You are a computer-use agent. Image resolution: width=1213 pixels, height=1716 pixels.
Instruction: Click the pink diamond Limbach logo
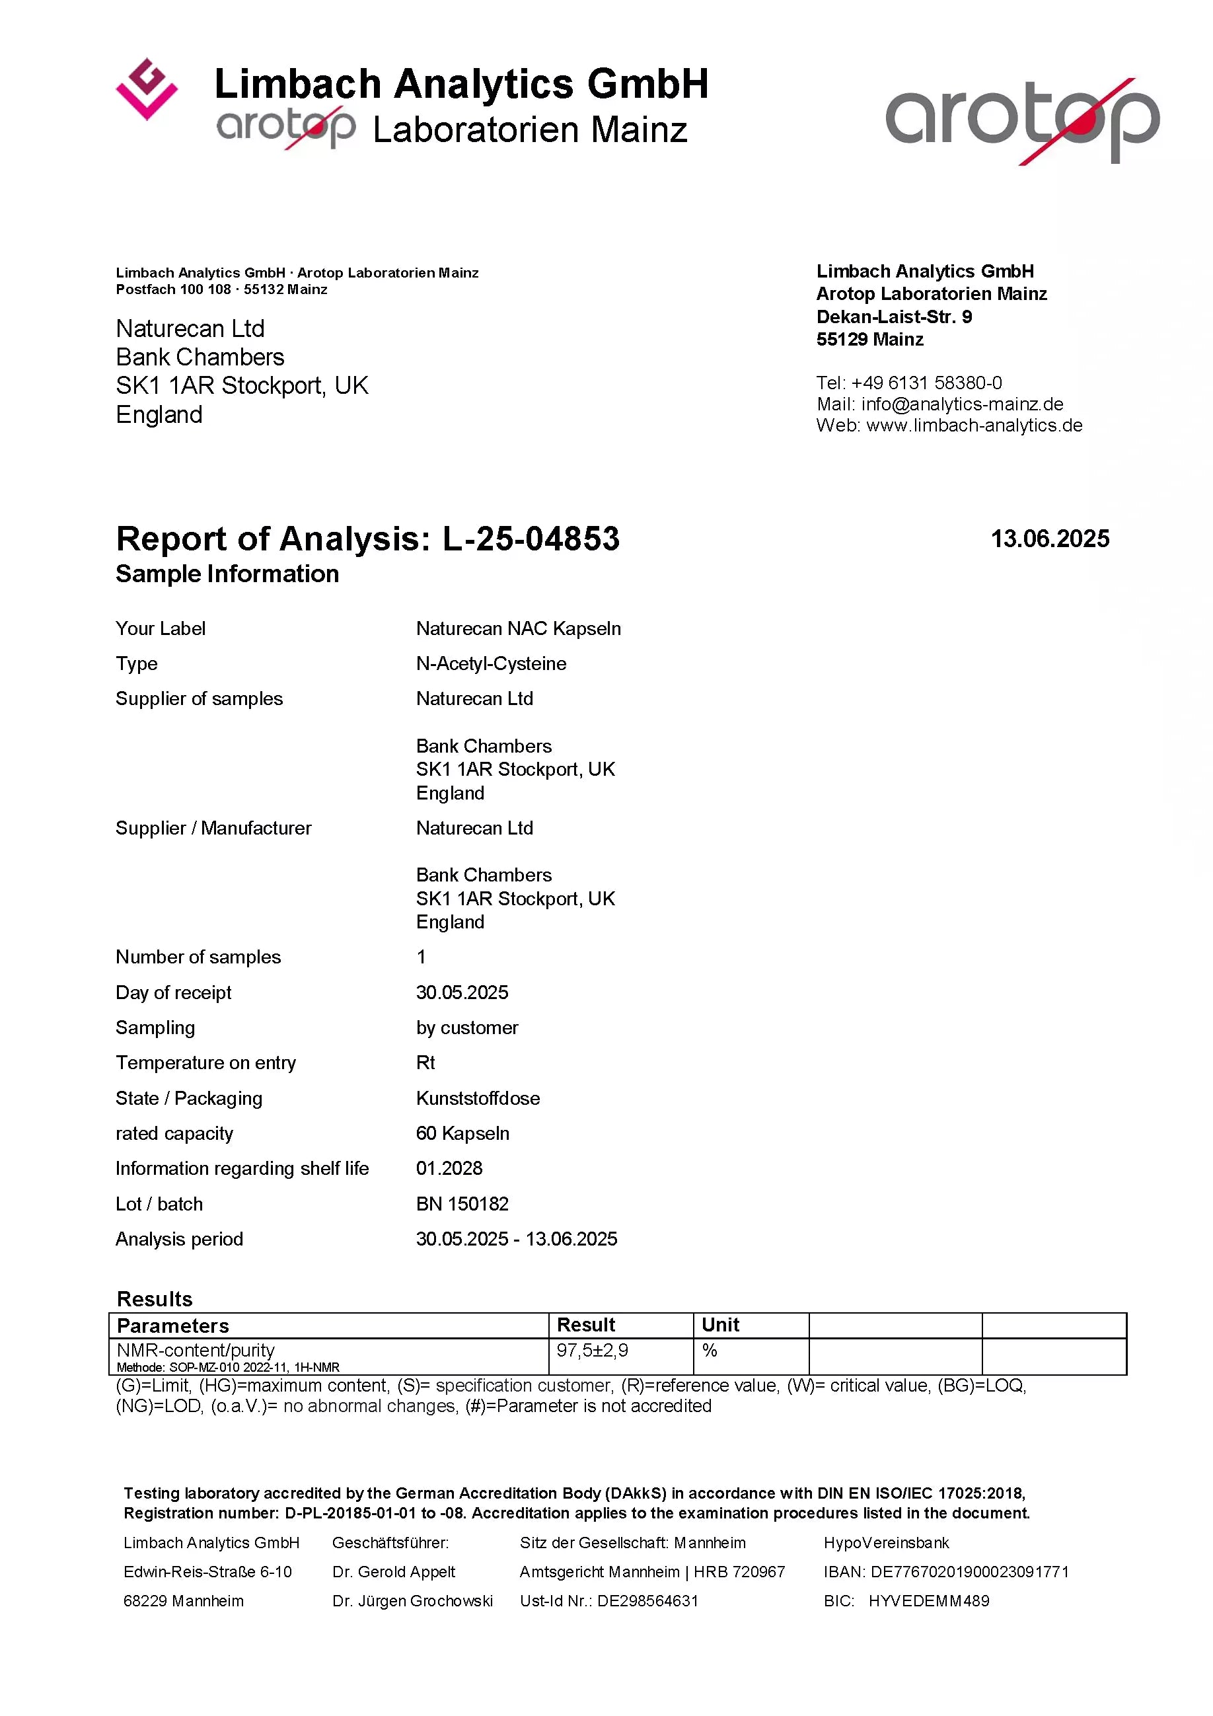[x=147, y=89]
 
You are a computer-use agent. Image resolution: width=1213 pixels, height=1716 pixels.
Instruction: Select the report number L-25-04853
[x=531, y=539]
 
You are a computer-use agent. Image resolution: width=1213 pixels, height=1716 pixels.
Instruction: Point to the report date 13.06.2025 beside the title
[x=1049, y=539]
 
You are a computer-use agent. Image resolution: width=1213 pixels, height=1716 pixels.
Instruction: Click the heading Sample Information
[x=227, y=574]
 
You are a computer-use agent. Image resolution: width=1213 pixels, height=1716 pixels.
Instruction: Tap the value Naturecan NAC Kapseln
[x=518, y=628]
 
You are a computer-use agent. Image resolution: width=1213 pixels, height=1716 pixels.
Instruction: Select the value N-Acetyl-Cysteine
[x=491, y=663]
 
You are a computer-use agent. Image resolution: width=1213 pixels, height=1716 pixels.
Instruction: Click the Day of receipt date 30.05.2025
[x=462, y=992]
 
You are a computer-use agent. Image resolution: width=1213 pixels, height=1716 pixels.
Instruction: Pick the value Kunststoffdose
[x=478, y=1099]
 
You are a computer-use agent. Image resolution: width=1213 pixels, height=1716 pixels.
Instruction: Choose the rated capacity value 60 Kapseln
[x=462, y=1134]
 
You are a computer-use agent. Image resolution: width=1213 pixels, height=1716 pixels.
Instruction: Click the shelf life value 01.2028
[x=449, y=1169]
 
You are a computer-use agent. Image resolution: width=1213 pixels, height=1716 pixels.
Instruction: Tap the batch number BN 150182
[x=462, y=1204]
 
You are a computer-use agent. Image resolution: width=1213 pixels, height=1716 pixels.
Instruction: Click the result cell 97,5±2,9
[x=592, y=1351]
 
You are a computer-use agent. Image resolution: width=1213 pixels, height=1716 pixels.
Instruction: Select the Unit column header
[x=719, y=1325]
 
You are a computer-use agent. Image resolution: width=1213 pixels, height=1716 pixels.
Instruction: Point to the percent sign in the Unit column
[x=710, y=1351]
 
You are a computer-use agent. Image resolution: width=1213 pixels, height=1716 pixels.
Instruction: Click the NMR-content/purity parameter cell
[x=196, y=1351]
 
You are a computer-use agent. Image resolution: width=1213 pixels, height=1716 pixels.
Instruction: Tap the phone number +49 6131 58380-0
[x=926, y=383]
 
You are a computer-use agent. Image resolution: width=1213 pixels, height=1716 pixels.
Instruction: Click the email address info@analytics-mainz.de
[x=962, y=404]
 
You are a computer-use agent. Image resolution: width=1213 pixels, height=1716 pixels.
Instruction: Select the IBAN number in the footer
[x=969, y=1572]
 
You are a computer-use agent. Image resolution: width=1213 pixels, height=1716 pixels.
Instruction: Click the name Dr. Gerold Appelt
[x=394, y=1572]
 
